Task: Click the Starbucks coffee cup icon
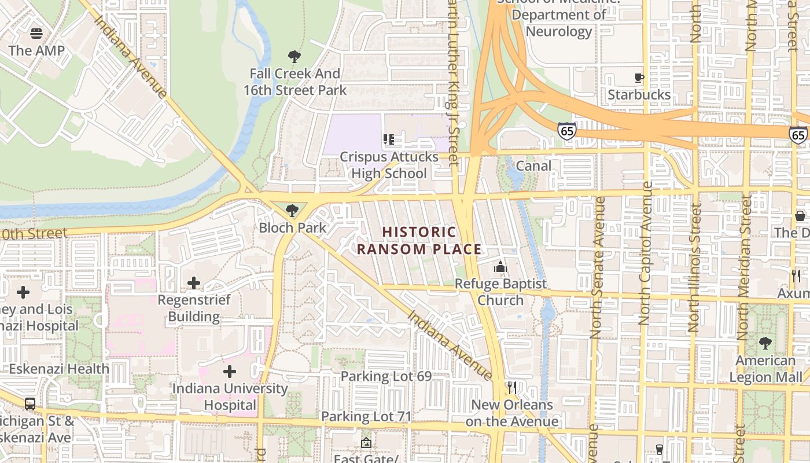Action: [x=639, y=78]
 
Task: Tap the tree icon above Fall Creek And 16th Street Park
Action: [x=294, y=57]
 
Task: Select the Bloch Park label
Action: [x=293, y=227]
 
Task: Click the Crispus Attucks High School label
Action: [x=389, y=166]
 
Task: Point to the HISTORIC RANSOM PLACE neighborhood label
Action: [x=419, y=241]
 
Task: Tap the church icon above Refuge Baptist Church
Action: [x=500, y=267]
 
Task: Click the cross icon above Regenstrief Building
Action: [x=194, y=283]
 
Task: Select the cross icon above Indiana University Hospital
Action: [x=230, y=372]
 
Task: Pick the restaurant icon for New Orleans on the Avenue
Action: [x=511, y=387]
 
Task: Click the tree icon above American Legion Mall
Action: [x=765, y=343]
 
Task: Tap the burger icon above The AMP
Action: [x=36, y=34]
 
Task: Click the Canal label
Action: [x=533, y=166]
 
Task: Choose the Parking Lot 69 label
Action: [x=386, y=376]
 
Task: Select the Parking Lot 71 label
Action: [x=366, y=416]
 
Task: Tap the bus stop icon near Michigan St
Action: [x=30, y=404]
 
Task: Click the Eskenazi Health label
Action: [x=59, y=369]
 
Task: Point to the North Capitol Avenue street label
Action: [x=646, y=253]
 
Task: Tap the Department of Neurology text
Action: [x=559, y=23]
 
